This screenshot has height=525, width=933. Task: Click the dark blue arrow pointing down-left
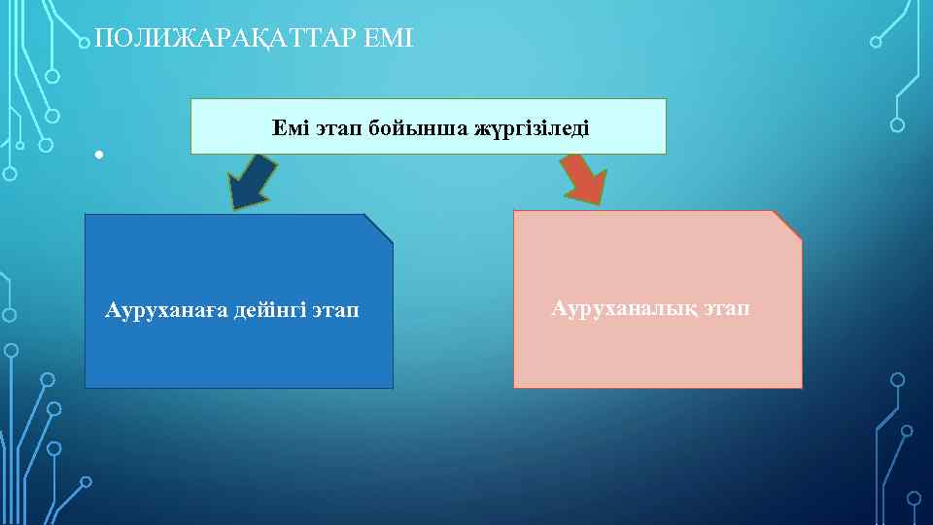click(x=252, y=182)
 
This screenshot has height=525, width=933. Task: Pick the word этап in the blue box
click(x=336, y=311)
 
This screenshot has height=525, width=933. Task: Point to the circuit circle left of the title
click(x=86, y=42)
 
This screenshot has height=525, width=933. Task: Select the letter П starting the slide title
click(x=104, y=40)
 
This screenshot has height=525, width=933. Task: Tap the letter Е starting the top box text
click(x=279, y=128)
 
